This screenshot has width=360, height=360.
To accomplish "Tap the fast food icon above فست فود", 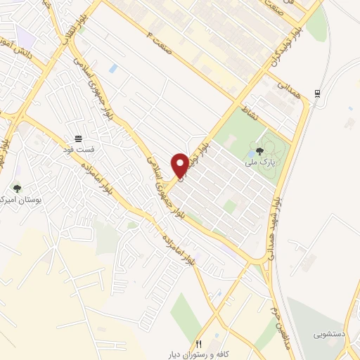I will point(79,138).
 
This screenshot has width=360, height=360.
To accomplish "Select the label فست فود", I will point(79,149).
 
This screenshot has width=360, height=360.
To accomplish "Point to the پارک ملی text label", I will point(259,162).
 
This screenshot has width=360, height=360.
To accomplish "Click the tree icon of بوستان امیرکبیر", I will point(17,188).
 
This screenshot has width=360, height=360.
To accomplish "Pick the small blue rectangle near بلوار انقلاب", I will point(113,69).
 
